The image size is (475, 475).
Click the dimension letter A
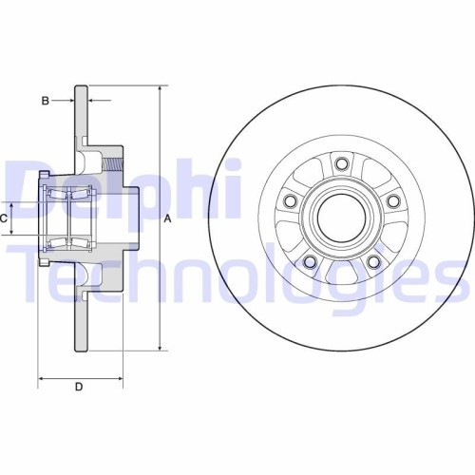coord(168,218)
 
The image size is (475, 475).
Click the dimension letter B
coord(45,99)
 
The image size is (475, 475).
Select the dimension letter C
coord(5,218)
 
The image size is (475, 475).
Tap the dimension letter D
coord(79,386)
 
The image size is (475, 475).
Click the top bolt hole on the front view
coord(339,163)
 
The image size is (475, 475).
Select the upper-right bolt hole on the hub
coord(391,200)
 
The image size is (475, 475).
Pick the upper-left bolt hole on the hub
coord(288,200)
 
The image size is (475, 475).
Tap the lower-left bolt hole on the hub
coord(307,262)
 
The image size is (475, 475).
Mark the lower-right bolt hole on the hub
coord(372,262)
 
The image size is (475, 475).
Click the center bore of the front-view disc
coord(340,217)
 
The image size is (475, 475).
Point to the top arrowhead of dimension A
coord(159,88)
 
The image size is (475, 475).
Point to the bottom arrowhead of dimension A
coord(159,348)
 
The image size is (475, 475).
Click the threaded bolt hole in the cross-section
coord(113,162)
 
